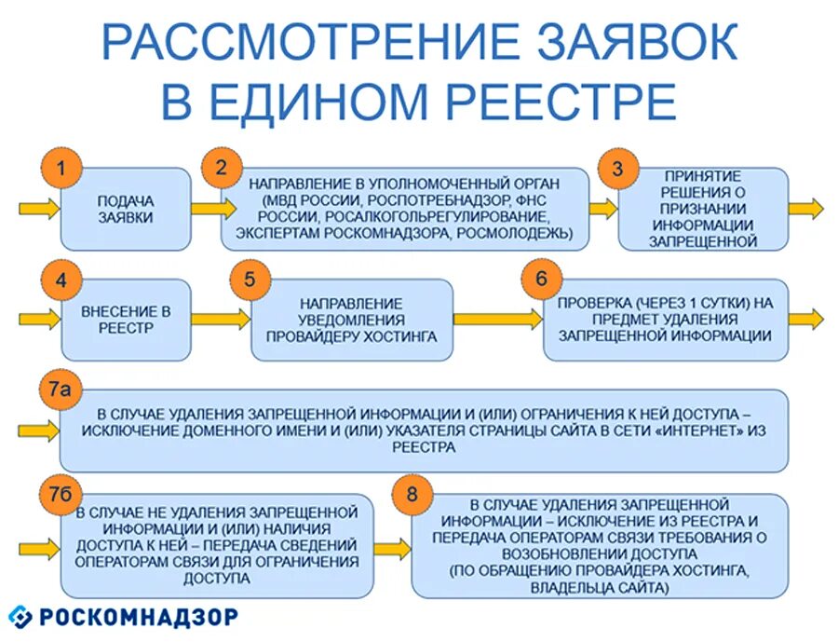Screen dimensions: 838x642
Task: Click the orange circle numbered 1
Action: click(61, 170)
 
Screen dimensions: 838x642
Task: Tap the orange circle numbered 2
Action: click(222, 169)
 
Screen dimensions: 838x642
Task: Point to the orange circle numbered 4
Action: click(61, 280)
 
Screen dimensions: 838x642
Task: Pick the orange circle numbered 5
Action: click(249, 280)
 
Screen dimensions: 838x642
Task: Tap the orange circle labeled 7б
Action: click(60, 495)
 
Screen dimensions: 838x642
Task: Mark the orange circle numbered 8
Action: click(412, 495)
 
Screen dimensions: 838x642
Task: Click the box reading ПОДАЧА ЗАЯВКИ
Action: click(126, 210)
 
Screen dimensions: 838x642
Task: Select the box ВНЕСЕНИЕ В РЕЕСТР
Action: click(126, 320)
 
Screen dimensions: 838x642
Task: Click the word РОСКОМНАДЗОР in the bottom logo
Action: click(139, 617)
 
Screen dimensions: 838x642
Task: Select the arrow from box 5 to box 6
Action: click(498, 319)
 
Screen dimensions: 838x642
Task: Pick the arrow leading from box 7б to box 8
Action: click(392, 548)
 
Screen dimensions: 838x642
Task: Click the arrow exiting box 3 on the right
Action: click(806, 209)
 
